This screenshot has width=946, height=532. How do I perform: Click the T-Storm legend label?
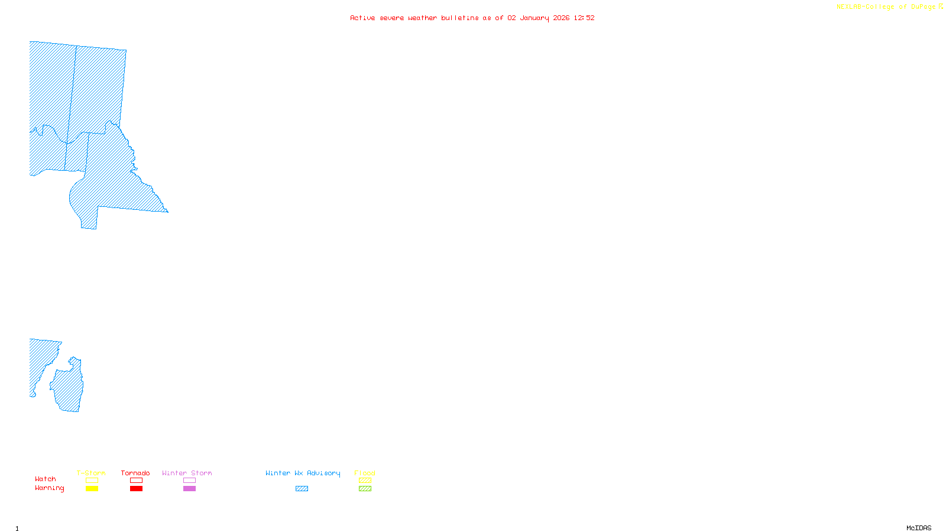pyautogui.click(x=91, y=473)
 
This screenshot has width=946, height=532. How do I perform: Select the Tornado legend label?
pyautogui.click(x=135, y=473)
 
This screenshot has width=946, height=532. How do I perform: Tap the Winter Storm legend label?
pyautogui.click(x=187, y=473)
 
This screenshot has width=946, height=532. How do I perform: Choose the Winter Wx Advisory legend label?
pyautogui.click(x=303, y=473)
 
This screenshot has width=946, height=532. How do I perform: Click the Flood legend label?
pyautogui.click(x=365, y=473)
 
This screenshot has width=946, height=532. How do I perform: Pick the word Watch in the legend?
pyautogui.click(x=46, y=479)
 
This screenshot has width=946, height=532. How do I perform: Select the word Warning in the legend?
pyautogui.click(x=50, y=488)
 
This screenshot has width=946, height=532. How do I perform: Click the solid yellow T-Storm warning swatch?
pyautogui.click(x=92, y=489)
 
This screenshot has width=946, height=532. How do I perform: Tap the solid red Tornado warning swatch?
pyautogui.click(x=136, y=489)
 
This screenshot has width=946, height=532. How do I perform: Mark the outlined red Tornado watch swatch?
pyautogui.click(x=136, y=481)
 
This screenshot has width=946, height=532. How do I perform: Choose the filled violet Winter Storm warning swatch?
pyautogui.click(x=189, y=489)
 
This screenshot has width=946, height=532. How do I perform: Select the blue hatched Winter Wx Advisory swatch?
pyautogui.click(x=302, y=489)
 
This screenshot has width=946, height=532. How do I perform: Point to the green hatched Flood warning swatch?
pyautogui.click(x=365, y=489)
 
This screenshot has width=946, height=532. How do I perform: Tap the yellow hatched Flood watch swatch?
pyautogui.click(x=365, y=481)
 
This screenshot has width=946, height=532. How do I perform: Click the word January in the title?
pyautogui.click(x=534, y=18)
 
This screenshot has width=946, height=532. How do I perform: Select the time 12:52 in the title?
pyautogui.click(x=584, y=18)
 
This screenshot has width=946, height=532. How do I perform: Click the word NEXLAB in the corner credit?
pyautogui.click(x=849, y=7)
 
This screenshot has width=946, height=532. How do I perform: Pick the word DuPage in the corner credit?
pyautogui.click(x=923, y=7)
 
